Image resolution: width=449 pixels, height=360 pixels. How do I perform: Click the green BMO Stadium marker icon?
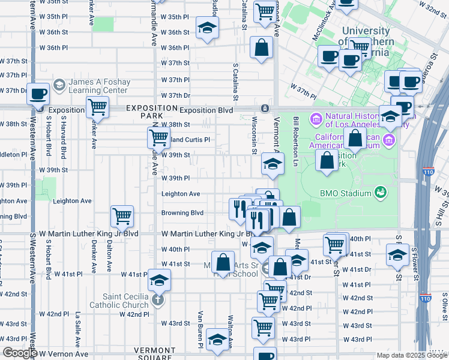point(379,192)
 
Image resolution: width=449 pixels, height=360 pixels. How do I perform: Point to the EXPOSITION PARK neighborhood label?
point(143,111)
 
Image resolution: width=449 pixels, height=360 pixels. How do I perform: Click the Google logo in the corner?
point(19,353)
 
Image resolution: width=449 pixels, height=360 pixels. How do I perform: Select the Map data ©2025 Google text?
point(412,356)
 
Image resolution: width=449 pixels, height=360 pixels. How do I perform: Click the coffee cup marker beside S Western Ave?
point(39,95)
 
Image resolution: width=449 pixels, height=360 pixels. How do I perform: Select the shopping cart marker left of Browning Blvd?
point(122,215)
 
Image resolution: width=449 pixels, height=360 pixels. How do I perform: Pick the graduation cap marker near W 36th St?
point(208,27)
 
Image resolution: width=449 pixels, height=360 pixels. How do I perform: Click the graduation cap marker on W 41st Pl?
point(159,279)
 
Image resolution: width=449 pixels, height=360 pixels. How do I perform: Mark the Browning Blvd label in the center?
point(182,213)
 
